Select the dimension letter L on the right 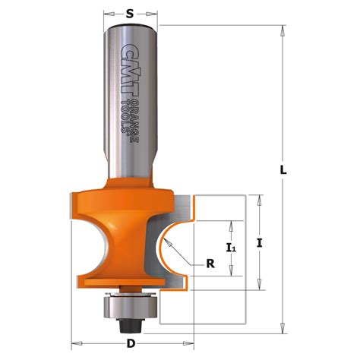pos(282,172)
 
